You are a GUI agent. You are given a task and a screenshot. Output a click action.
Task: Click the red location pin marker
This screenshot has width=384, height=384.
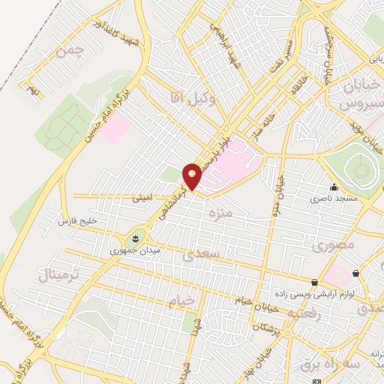pos(193,176)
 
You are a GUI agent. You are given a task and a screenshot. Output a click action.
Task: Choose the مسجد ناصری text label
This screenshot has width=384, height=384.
pos(333,200)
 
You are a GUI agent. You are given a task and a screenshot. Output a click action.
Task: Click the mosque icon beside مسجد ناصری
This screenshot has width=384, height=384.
pos(334,187)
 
